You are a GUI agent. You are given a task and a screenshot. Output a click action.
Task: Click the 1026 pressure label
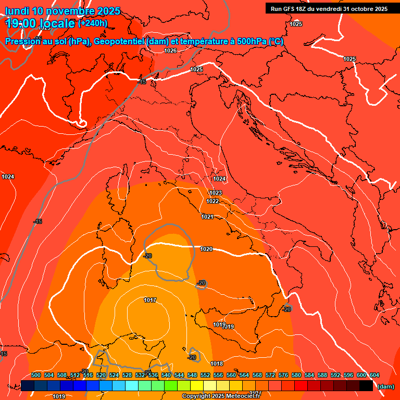tap(170, 51)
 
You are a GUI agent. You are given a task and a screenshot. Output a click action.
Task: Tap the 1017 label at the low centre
tap(151, 300)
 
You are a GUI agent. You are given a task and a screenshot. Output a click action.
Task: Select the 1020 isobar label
tap(206, 249)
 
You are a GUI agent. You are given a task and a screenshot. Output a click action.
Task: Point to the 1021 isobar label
tap(207, 217)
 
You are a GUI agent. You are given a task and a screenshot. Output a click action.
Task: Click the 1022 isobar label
tap(213, 201)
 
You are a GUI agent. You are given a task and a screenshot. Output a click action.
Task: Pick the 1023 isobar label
tap(216, 193)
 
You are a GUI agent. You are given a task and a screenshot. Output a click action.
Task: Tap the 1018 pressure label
tap(217, 364)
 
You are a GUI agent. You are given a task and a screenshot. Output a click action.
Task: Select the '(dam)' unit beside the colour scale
tap(385, 386)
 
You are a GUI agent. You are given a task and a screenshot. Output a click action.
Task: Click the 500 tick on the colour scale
tap(36, 375)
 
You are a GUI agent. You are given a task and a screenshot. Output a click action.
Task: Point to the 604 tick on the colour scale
tap(374, 375)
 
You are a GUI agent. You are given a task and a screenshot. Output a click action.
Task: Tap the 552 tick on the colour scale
tap(205, 375)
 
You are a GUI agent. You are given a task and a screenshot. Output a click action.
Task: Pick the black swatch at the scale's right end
tap(366, 385)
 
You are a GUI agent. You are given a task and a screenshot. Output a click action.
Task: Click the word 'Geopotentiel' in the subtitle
tap(120, 42)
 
